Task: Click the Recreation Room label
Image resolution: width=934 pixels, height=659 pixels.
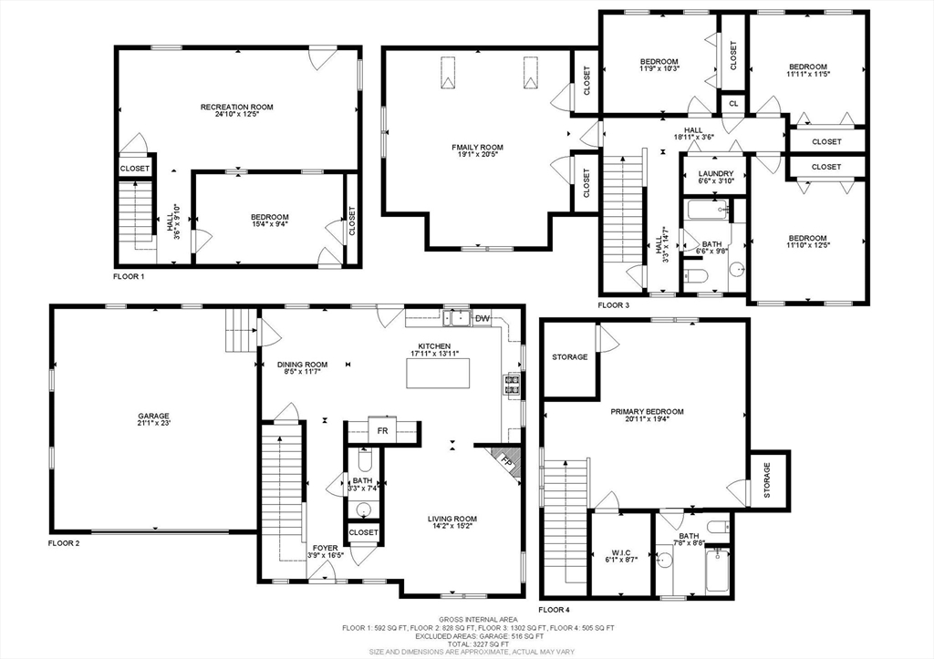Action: point(236,108)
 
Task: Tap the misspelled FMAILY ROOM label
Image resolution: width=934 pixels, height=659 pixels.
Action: point(477,147)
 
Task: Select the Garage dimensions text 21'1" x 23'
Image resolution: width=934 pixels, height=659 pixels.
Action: point(153,423)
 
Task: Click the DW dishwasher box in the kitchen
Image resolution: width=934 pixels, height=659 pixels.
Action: point(483,318)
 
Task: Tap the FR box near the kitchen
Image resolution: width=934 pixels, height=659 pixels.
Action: point(382,430)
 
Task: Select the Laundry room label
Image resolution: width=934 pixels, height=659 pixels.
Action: point(716,174)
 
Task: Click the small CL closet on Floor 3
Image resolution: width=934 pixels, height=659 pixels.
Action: point(734,104)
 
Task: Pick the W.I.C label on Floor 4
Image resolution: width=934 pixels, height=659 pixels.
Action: point(621,552)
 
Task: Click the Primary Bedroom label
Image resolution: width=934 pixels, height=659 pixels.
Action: point(647,411)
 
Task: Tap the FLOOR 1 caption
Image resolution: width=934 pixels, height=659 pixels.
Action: point(129,277)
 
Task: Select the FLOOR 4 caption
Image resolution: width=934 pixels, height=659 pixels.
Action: point(554,610)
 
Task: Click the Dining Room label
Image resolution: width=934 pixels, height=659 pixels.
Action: point(303,365)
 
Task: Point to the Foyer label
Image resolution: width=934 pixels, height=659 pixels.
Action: point(326,549)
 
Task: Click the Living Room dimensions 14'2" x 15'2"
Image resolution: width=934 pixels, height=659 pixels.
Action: point(452,526)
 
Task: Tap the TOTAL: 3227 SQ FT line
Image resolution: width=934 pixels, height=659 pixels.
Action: point(478,644)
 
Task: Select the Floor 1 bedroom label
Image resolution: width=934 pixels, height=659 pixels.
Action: point(270,217)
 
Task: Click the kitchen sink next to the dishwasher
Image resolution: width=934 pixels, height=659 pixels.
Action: point(458,318)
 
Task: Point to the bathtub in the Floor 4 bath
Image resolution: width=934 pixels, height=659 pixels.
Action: point(717,570)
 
